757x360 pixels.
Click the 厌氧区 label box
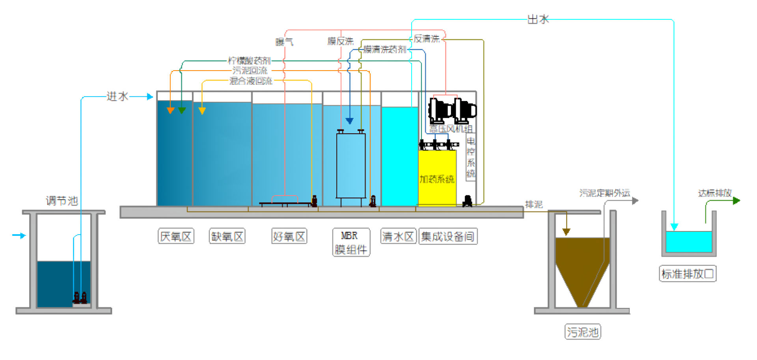[176, 236]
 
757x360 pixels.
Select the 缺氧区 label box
[227, 236]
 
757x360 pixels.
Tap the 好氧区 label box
[289, 236]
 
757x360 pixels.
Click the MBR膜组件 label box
[351, 242]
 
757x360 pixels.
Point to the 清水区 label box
[398, 236]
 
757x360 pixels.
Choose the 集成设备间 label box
[448, 236]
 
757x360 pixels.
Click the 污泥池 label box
[583, 332]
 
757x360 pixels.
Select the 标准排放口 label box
[687, 274]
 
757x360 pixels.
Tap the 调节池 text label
[62, 201]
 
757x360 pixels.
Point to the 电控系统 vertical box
[471, 157]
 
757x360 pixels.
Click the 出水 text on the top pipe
[538, 19]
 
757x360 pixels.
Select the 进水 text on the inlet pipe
[117, 96]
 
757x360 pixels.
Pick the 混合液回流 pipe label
[251, 81]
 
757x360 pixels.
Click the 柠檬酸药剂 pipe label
[249, 60]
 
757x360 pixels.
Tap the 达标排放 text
[714, 193]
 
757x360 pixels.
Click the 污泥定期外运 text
[604, 193]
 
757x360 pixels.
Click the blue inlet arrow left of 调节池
[19, 235]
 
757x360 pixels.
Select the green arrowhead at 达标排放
[736, 201]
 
